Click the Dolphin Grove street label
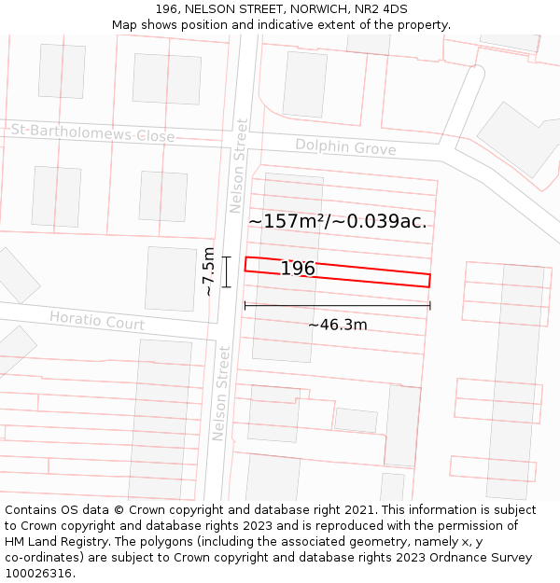click(x=345, y=147)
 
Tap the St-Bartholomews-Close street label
click(x=92, y=133)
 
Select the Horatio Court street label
click(x=97, y=321)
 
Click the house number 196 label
click(x=298, y=269)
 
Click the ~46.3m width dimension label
click(x=337, y=325)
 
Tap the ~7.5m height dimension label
click(x=209, y=271)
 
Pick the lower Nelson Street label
click(x=221, y=393)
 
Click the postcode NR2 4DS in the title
click(x=381, y=9)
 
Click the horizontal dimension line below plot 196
click(x=337, y=305)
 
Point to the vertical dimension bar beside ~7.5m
click(x=226, y=271)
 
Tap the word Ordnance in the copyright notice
click(x=441, y=558)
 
